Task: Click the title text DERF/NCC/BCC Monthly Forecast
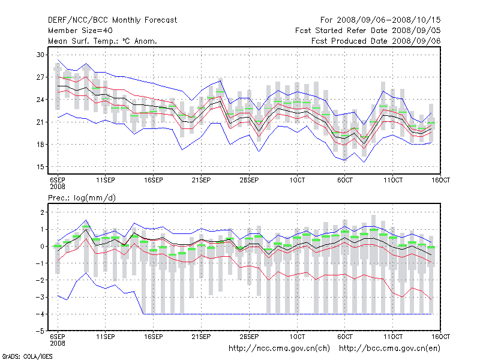coord(112,20)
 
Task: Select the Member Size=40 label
coord(80,31)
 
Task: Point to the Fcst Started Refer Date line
coord(368,31)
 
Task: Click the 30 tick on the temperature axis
coord(41,55)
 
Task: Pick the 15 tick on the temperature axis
coord(41,167)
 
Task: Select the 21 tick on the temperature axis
coord(41,122)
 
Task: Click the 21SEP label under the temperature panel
coord(201,179)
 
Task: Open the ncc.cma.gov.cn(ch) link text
coord(280,348)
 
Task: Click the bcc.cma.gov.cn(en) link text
coord(390,348)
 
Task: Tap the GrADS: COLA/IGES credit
coord(21,356)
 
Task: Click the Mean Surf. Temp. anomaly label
coord(102,41)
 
